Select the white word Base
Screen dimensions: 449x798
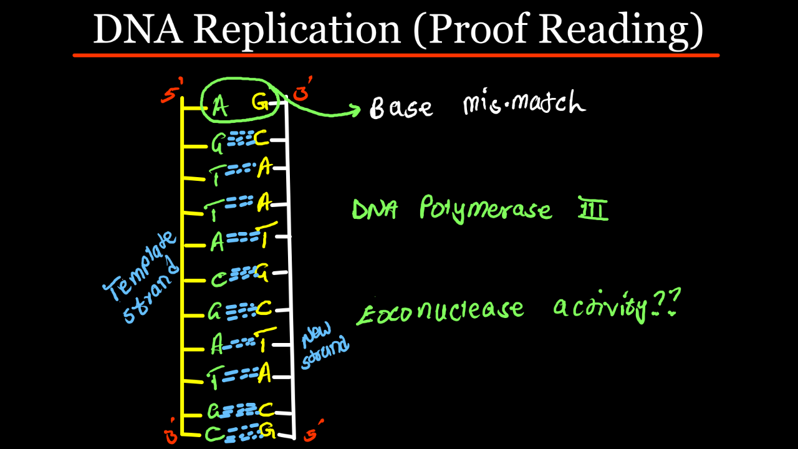click(x=400, y=107)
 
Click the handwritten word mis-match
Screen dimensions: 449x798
click(x=524, y=104)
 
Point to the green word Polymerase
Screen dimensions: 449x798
click(x=486, y=210)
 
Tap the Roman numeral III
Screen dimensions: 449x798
click(x=593, y=209)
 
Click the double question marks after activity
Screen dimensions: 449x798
click(x=666, y=302)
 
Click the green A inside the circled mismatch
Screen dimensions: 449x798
click(x=219, y=107)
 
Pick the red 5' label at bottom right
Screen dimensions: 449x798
click(x=312, y=431)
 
